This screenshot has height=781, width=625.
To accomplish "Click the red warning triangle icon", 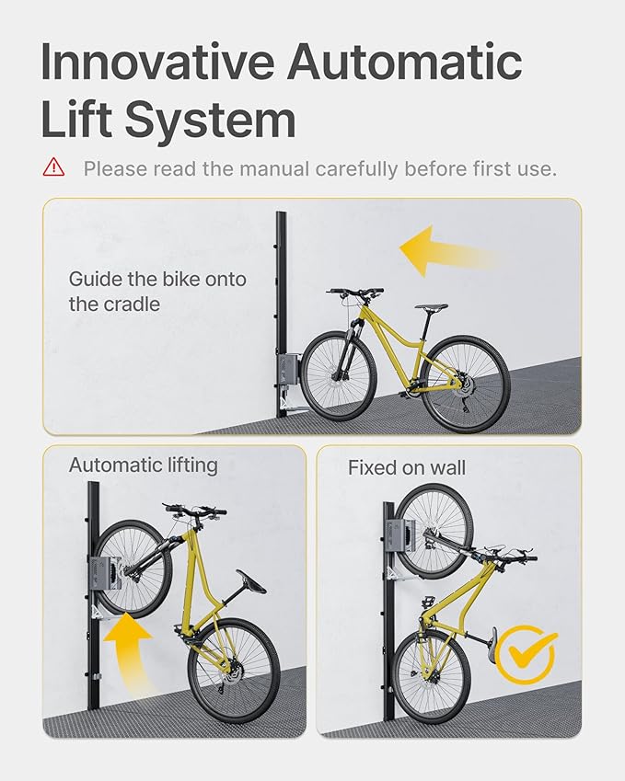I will click(x=53, y=167).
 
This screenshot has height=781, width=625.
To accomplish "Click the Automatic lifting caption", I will click(x=143, y=465).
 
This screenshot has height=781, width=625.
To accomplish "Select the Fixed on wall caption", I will click(x=407, y=467).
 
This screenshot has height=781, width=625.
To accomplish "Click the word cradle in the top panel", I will click(x=129, y=304).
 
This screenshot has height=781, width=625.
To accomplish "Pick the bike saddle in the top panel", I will click(x=431, y=307).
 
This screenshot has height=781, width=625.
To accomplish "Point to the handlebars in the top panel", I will click(x=355, y=293).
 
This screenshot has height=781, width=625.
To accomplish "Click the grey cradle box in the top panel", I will click(x=288, y=370).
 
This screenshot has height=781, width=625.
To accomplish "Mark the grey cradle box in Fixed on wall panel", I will click(x=399, y=535).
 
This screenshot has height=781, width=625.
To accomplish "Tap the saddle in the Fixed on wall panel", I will click(x=492, y=638).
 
